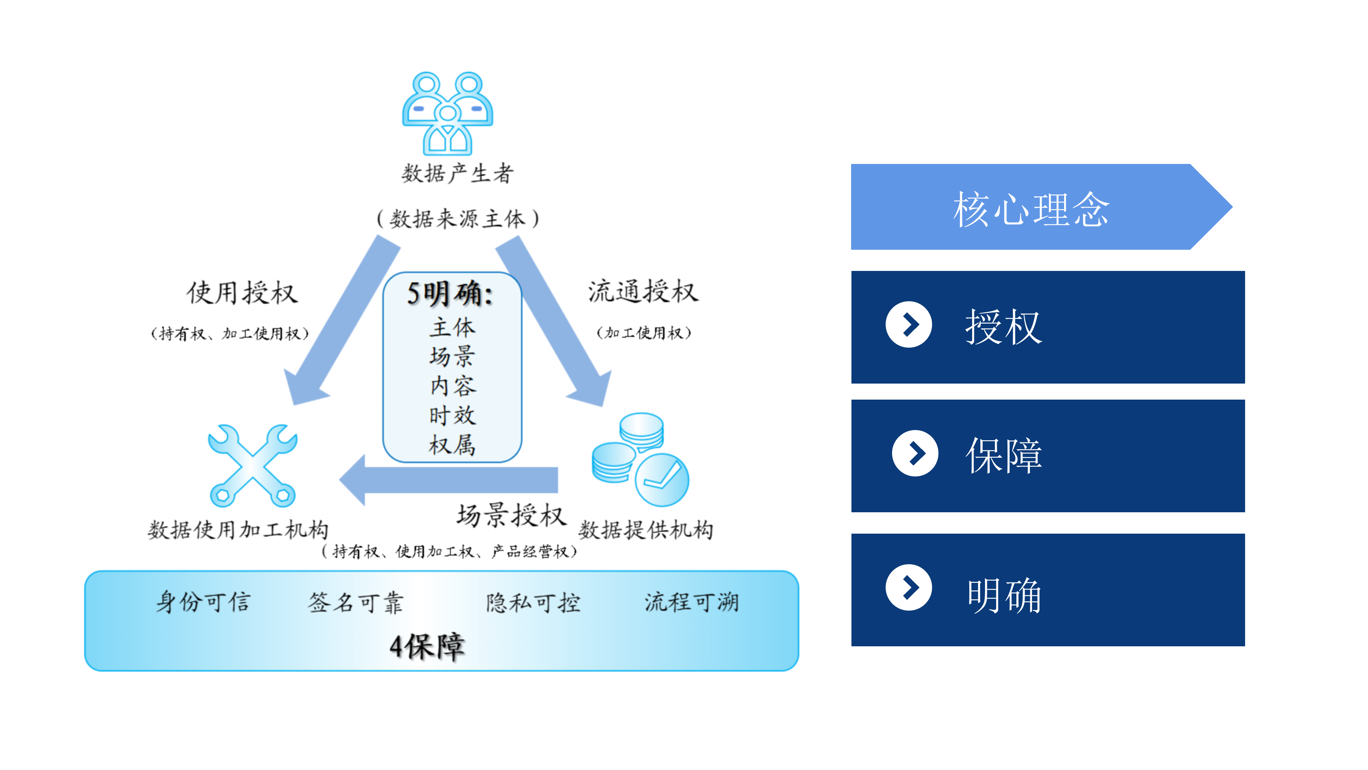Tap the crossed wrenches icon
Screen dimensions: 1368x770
click(x=253, y=466)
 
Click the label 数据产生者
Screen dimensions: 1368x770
click(x=457, y=173)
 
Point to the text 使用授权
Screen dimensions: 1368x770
click(x=242, y=293)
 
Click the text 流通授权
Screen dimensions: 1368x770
click(x=643, y=291)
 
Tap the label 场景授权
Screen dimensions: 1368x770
click(x=512, y=515)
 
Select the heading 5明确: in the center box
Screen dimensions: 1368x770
click(x=450, y=293)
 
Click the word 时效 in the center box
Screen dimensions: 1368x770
click(x=452, y=415)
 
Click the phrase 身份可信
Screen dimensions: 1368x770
click(x=203, y=602)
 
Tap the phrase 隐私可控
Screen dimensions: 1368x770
click(x=533, y=602)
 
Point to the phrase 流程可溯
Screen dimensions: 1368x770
click(x=691, y=602)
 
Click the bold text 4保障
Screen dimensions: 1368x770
click(x=427, y=647)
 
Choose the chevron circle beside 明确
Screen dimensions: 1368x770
click(x=909, y=587)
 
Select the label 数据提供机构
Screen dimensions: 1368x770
click(x=646, y=530)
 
